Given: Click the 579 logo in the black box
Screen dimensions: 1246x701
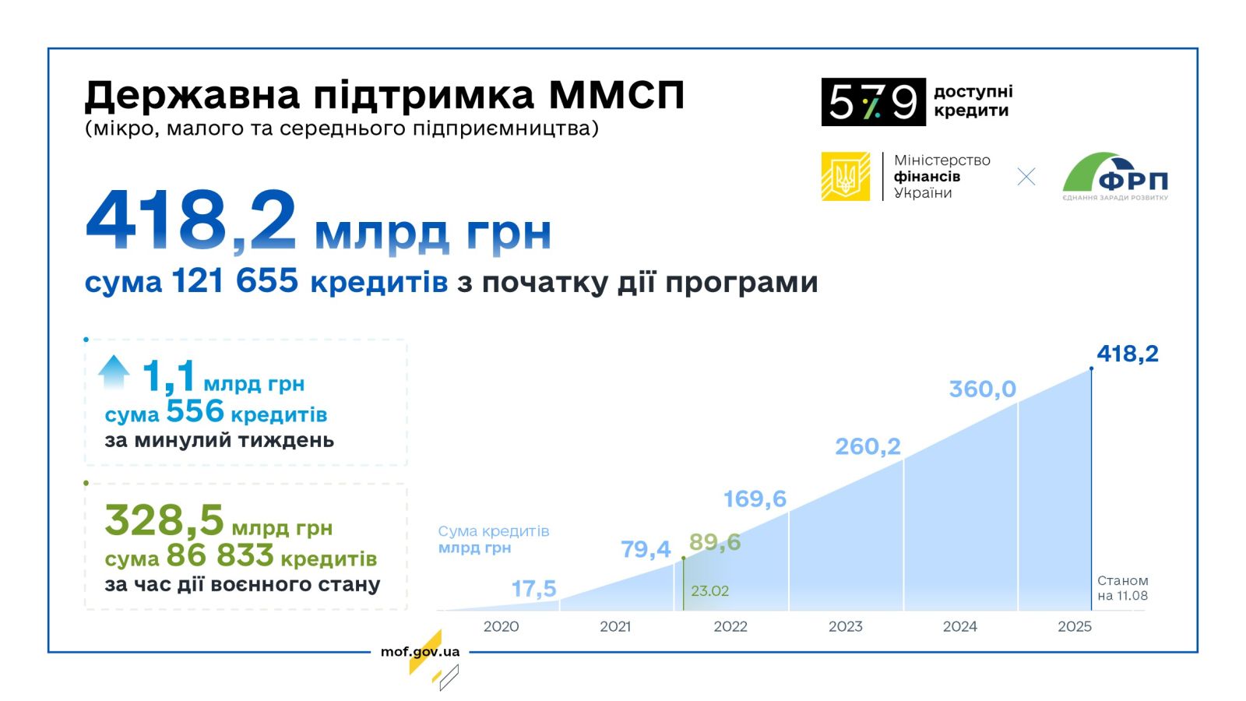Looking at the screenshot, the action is click(x=873, y=102).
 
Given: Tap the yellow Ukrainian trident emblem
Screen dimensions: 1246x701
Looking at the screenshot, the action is click(x=846, y=176).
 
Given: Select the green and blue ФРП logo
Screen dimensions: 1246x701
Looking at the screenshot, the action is click(x=1115, y=176).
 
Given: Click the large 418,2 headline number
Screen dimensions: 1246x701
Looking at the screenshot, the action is click(x=190, y=221).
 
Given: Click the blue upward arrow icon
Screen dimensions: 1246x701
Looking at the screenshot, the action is click(x=114, y=372).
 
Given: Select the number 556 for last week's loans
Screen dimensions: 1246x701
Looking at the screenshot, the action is click(x=195, y=411).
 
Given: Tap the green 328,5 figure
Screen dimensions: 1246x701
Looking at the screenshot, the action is click(x=164, y=520).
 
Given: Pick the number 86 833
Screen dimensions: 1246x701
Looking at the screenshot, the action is click(x=220, y=555).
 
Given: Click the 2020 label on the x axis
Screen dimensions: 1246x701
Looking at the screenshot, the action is click(x=502, y=626).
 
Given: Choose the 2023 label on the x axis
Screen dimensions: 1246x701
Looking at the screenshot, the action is click(x=846, y=626).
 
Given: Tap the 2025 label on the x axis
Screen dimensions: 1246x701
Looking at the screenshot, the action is click(x=1075, y=626).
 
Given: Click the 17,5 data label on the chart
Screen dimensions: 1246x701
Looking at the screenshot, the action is click(x=533, y=589).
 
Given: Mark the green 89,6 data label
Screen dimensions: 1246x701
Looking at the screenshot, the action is click(x=715, y=542).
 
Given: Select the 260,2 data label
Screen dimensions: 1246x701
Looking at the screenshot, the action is click(x=868, y=446).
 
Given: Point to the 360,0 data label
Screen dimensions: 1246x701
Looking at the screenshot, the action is click(x=983, y=389).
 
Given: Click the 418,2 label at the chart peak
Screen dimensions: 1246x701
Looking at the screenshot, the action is click(x=1128, y=354).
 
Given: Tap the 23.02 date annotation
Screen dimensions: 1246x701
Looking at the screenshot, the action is click(x=709, y=591).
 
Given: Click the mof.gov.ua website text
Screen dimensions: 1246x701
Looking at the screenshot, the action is click(x=420, y=651).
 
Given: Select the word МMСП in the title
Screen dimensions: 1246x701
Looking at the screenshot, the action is click(x=616, y=95).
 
